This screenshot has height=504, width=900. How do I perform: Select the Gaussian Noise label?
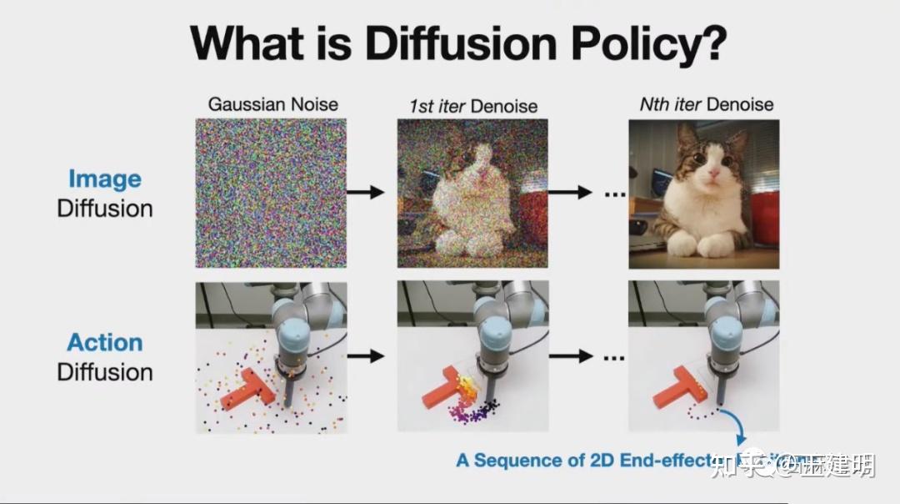click(273, 104)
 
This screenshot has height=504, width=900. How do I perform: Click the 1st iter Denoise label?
click(472, 106)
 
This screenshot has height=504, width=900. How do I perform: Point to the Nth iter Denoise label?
click(706, 104)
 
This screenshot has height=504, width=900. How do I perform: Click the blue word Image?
click(104, 179)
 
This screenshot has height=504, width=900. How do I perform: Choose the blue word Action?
click(104, 342)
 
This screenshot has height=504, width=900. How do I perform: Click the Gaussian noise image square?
click(271, 193)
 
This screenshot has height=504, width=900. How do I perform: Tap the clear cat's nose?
click(711, 179)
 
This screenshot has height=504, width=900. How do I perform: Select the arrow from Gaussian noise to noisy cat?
click(365, 193)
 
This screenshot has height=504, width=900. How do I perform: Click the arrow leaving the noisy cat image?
click(571, 193)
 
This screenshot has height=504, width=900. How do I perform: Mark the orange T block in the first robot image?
click(247, 391)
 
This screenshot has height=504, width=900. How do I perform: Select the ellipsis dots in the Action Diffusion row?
click(614, 356)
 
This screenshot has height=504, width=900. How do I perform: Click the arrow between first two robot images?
click(365, 356)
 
